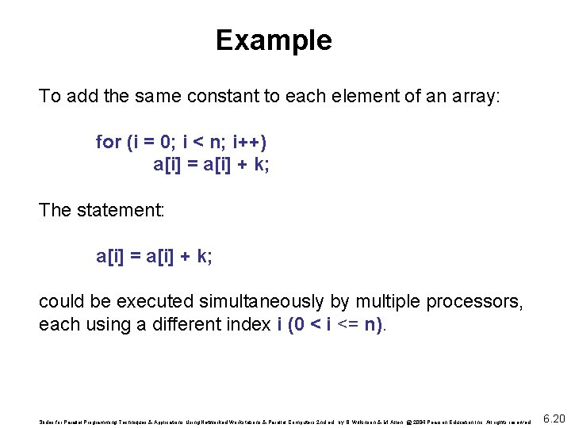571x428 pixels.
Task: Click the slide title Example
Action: (274, 40)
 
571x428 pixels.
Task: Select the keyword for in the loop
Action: (108, 143)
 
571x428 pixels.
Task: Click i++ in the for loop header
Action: (249, 143)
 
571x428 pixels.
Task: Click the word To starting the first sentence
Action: (49, 97)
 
